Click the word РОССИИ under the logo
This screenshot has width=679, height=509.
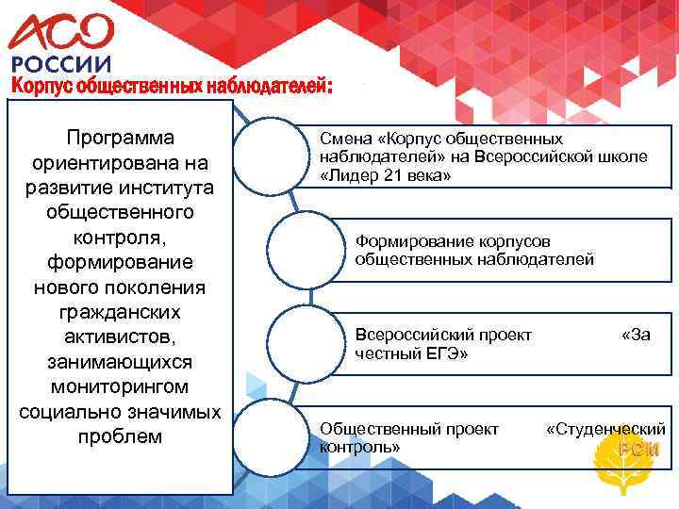click(x=60, y=64)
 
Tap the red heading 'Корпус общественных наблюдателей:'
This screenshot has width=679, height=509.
click(x=171, y=86)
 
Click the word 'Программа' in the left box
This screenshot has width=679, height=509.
click(x=120, y=137)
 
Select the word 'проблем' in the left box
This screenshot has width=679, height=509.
click(x=120, y=437)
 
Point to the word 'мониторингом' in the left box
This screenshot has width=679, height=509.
click(x=120, y=386)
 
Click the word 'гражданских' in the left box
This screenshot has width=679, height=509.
click(x=120, y=312)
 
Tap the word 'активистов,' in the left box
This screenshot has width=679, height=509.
click(x=120, y=337)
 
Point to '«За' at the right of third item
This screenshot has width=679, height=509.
click(x=636, y=334)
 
